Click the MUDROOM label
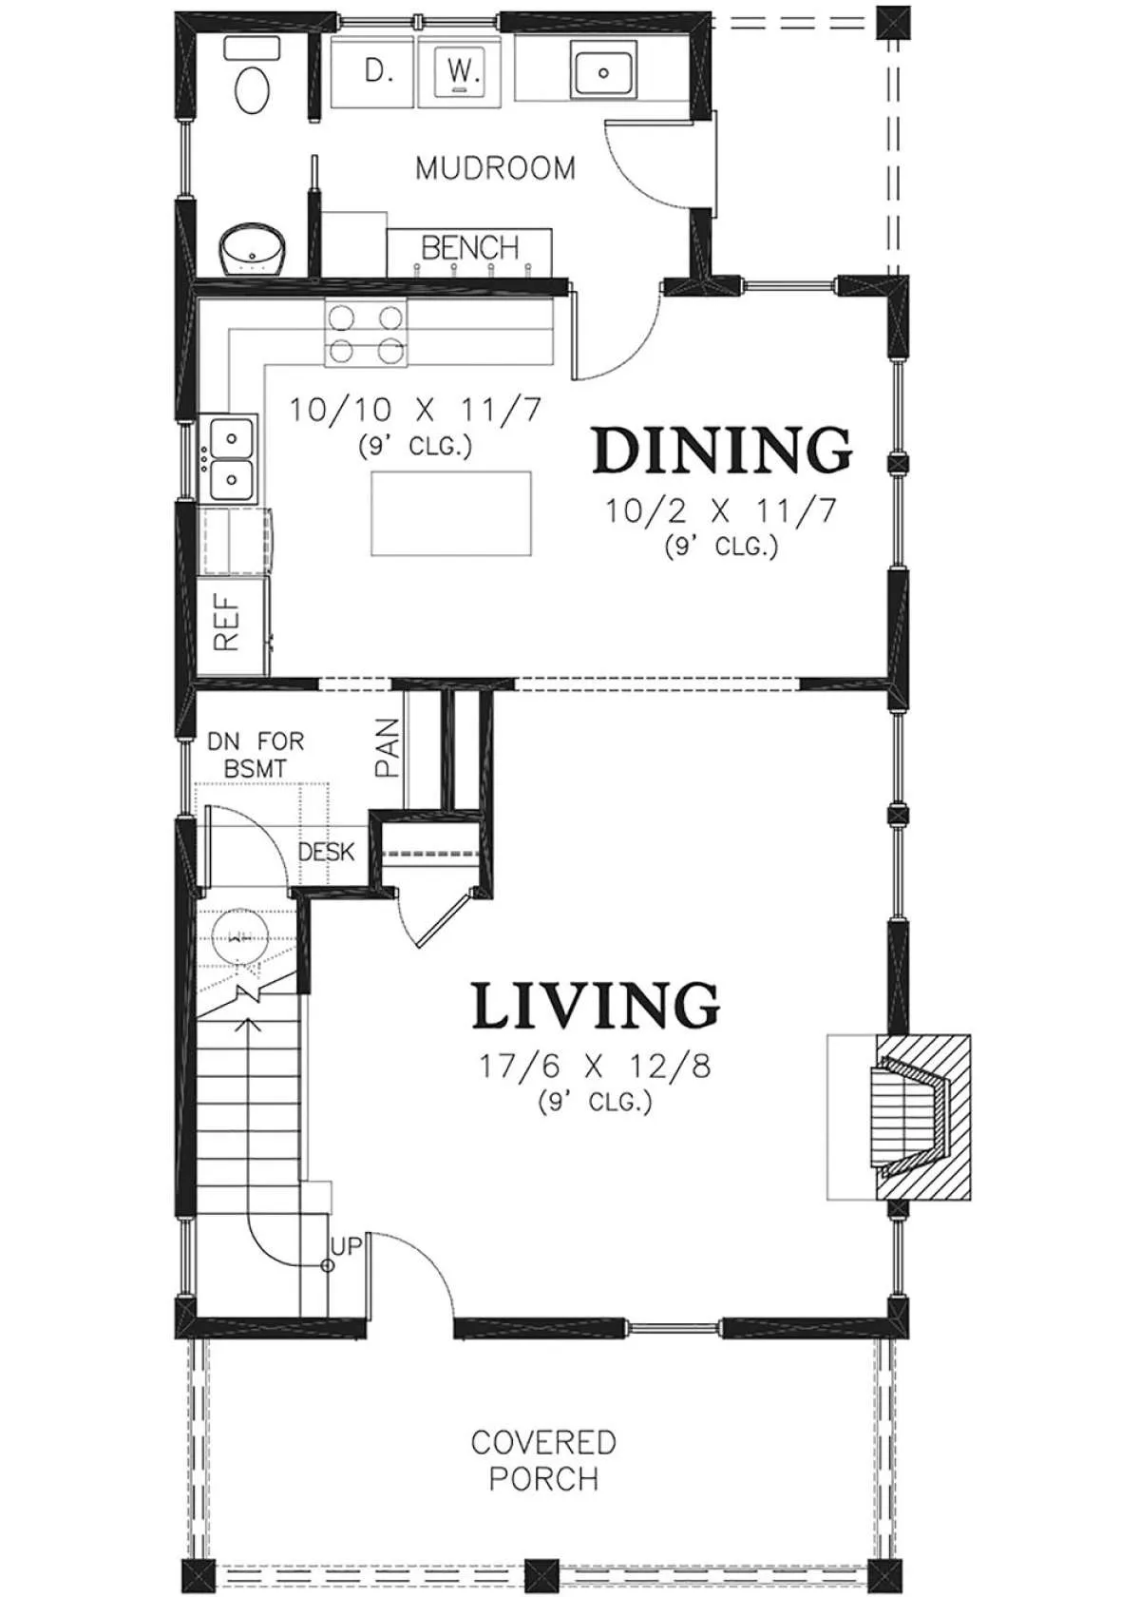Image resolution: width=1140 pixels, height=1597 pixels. tap(495, 169)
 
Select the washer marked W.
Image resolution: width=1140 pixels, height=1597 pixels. tap(459, 71)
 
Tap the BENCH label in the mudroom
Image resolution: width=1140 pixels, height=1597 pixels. tap(469, 247)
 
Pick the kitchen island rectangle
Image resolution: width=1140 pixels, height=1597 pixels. tap(451, 513)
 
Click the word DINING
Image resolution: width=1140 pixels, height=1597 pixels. tap(722, 450)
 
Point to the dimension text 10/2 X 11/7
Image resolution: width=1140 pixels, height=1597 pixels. tap(720, 511)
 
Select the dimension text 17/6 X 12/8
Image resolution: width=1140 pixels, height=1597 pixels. tap(595, 1068)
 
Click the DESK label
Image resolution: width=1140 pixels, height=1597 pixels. tap(327, 852)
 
